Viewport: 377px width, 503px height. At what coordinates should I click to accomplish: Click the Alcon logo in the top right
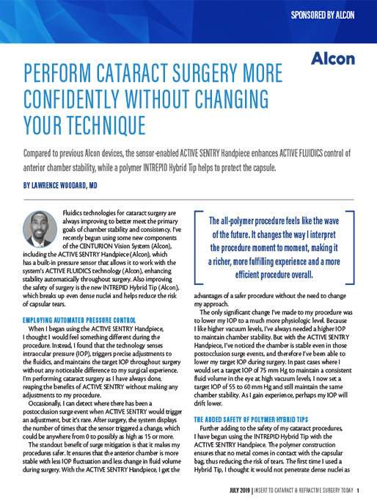[333, 58]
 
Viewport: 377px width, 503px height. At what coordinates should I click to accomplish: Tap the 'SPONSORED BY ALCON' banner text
[323, 15]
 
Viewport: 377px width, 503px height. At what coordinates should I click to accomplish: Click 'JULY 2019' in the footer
[238, 491]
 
